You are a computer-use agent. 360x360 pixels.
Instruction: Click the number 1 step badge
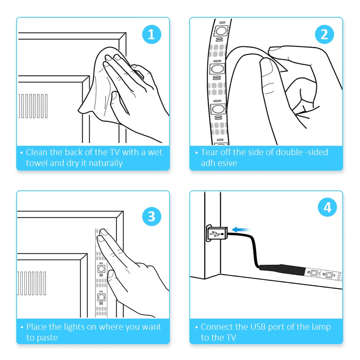click(x=152, y=35)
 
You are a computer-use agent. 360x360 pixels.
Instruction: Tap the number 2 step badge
click(x=324, y=35)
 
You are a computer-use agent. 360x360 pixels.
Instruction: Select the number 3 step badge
click(x=152, y=216)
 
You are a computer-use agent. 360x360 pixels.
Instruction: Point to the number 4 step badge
click(x=327, y=207)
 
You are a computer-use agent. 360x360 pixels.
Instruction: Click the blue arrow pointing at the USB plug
click(x=241, y=229)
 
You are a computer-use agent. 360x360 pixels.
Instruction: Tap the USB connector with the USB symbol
click(x=217, y=234)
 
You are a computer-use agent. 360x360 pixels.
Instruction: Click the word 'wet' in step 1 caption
click(x=155, y=152)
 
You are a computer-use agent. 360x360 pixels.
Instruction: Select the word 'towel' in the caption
click(x=37, y=163)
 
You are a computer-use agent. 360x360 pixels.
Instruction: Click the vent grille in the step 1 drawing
click(x=33, y=106)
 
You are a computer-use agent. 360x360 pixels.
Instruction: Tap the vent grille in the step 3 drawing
click(x=32, y=283)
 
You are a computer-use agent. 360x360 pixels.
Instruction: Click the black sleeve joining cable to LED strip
click(x=282, y=270)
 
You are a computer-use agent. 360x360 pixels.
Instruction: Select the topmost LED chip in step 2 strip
click(x=221, y=30)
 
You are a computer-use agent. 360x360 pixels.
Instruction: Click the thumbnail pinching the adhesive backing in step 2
click(x=275, y=49)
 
